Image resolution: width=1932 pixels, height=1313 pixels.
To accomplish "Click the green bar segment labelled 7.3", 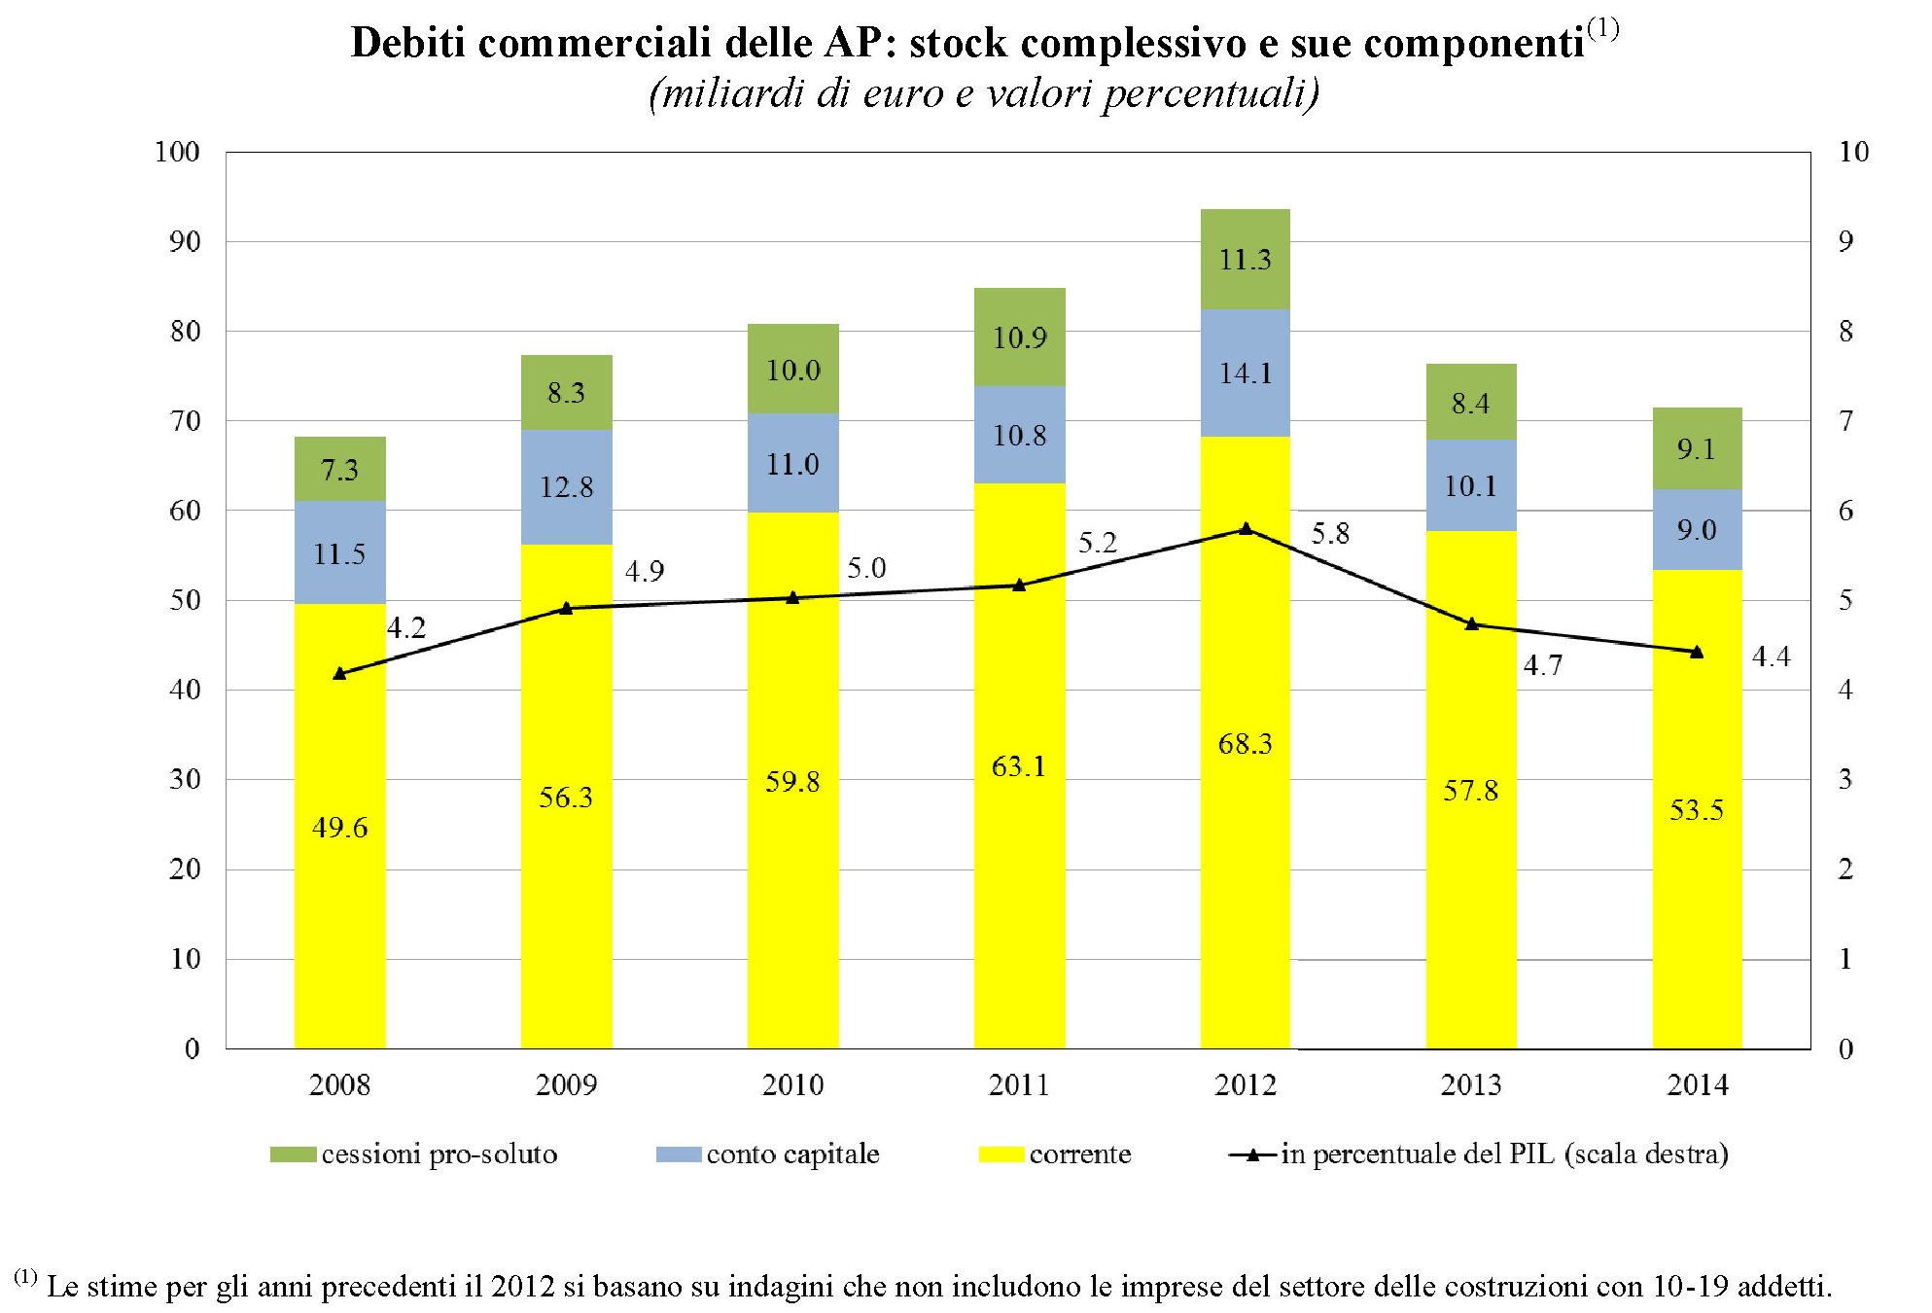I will tap(339, 469).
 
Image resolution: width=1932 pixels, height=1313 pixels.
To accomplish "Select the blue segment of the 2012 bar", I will tap(1245, 373).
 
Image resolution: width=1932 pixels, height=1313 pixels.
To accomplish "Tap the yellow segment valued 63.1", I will tap(1019, 765).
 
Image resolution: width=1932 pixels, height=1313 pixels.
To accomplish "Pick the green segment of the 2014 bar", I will tap(1697, 448).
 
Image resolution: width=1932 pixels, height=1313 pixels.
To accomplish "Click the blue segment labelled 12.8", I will tap(566, 486).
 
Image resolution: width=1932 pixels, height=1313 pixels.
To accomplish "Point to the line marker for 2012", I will tap(1246, 529).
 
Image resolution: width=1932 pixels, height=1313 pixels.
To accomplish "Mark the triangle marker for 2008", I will tap(339, 673).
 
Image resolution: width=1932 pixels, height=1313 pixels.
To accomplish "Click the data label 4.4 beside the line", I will tap(1771, 656).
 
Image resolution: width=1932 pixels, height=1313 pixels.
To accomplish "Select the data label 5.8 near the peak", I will tap(1330, 533).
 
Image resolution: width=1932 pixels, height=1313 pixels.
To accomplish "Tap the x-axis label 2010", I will tap(792, 1084).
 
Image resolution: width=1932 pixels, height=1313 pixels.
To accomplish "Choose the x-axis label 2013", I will tap(1470, 1084).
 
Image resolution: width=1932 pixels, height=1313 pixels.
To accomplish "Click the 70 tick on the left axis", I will tap(185, 421).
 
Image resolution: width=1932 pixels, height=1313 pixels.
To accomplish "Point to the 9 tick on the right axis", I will tap(1845, 241).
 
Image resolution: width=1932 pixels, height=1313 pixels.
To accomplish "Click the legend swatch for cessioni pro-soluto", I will tap(293, 1154).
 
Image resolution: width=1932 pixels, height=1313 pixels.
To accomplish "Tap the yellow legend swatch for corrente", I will tap(1001, 1154).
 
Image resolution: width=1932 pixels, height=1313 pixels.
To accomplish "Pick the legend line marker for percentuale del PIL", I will tap(1253, 1154).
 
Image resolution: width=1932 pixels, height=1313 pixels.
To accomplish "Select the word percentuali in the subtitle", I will tap(1211, 93).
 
